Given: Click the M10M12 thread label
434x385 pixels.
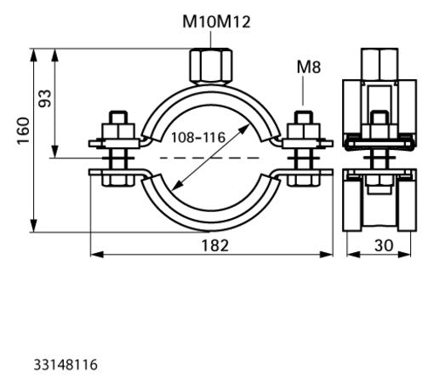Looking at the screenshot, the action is [x=216, y=22].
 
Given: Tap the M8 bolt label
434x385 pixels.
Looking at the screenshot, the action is [x=309, y=67].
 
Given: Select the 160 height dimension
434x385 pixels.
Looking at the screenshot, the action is [x=23, y=130].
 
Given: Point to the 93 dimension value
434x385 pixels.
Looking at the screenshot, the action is [x=45, y=98].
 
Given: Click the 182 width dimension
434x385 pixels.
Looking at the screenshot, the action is [x=214, y=245].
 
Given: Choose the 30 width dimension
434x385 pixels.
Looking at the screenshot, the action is [x=384, y=245].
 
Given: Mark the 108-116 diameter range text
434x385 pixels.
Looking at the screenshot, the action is [x=198, y=137].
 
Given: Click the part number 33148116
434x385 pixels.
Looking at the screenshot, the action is [x=66, y=365].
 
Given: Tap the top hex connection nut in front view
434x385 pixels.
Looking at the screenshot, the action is [x=210, y=66].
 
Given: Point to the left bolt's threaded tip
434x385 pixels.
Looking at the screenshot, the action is [x=118, y=117].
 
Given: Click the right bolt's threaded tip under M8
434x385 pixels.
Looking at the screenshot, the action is [x=304, y=117].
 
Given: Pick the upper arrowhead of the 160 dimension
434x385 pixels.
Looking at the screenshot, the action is [x=33, y=55].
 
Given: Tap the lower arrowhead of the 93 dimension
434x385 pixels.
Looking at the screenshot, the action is [x=55, y=152].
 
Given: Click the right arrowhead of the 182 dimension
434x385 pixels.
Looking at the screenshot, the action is [x=326, y=255].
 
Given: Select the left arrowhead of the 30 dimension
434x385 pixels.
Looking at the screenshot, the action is [x=353, y=255].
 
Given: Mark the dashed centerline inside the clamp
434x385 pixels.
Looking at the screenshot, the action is [x=210, y=158].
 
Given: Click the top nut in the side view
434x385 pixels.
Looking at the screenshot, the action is [x=380, y=64].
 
